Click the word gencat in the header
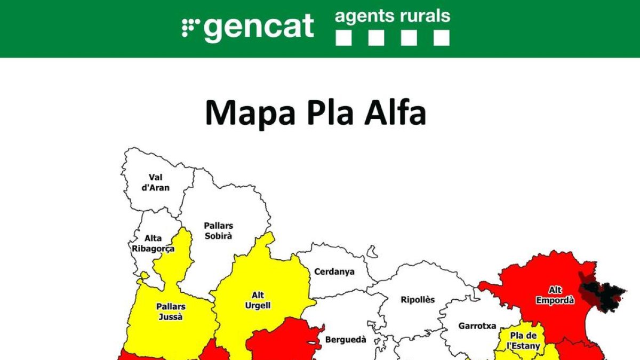coord(259,27)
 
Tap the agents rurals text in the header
coord(393,16)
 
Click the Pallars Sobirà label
coord(219,230)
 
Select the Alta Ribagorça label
coord(153,243)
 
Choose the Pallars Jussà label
coord(171,311)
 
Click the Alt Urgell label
coord(258,300)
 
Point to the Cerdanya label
coord(334,271)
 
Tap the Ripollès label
coord(418,300)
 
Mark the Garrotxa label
coord(477,325)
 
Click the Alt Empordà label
coord(555,295)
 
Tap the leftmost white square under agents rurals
coord(344,37)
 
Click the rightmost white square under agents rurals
coord(441,37)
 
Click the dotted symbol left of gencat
coord(190,27)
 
